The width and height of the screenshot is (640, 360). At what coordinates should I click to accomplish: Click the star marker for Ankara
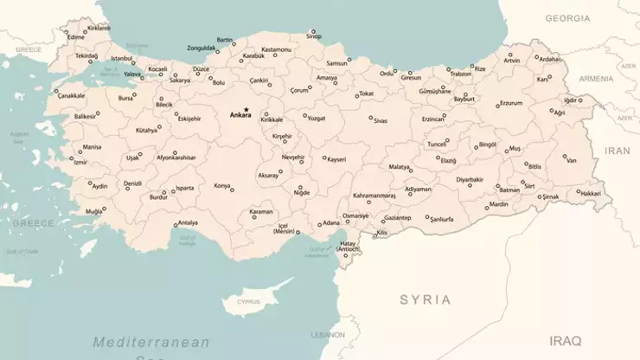coord(246,108)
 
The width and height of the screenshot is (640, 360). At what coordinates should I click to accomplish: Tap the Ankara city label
coord(240,115)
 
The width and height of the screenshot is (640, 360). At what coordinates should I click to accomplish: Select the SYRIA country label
coord(425,299)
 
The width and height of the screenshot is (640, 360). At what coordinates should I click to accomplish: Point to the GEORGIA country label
coord(567,18)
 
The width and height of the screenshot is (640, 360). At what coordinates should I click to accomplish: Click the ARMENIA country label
coord(596,79)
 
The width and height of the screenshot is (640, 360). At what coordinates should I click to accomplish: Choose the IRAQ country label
coord(566,340)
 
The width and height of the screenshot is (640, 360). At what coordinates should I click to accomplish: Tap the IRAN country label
coord(618,150)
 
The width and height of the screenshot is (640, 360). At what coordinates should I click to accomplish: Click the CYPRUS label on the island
coord(248,303)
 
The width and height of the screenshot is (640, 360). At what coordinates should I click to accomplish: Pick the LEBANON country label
coord(328,334)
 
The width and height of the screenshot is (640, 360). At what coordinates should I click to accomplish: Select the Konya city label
coord(222,186)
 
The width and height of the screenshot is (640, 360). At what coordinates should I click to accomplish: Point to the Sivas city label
coord(381,121)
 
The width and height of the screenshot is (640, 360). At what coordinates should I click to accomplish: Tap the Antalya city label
coord(187,222)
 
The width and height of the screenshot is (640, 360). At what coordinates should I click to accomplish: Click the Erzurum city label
coord(511,103)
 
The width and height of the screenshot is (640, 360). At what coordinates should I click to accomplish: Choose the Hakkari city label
coord(590,194)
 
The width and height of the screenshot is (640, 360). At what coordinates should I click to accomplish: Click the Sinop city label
coord(314,36)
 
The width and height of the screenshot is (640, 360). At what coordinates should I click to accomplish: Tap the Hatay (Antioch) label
coord(347,247)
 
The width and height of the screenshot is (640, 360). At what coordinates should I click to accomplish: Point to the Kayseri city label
coord(336,159)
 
